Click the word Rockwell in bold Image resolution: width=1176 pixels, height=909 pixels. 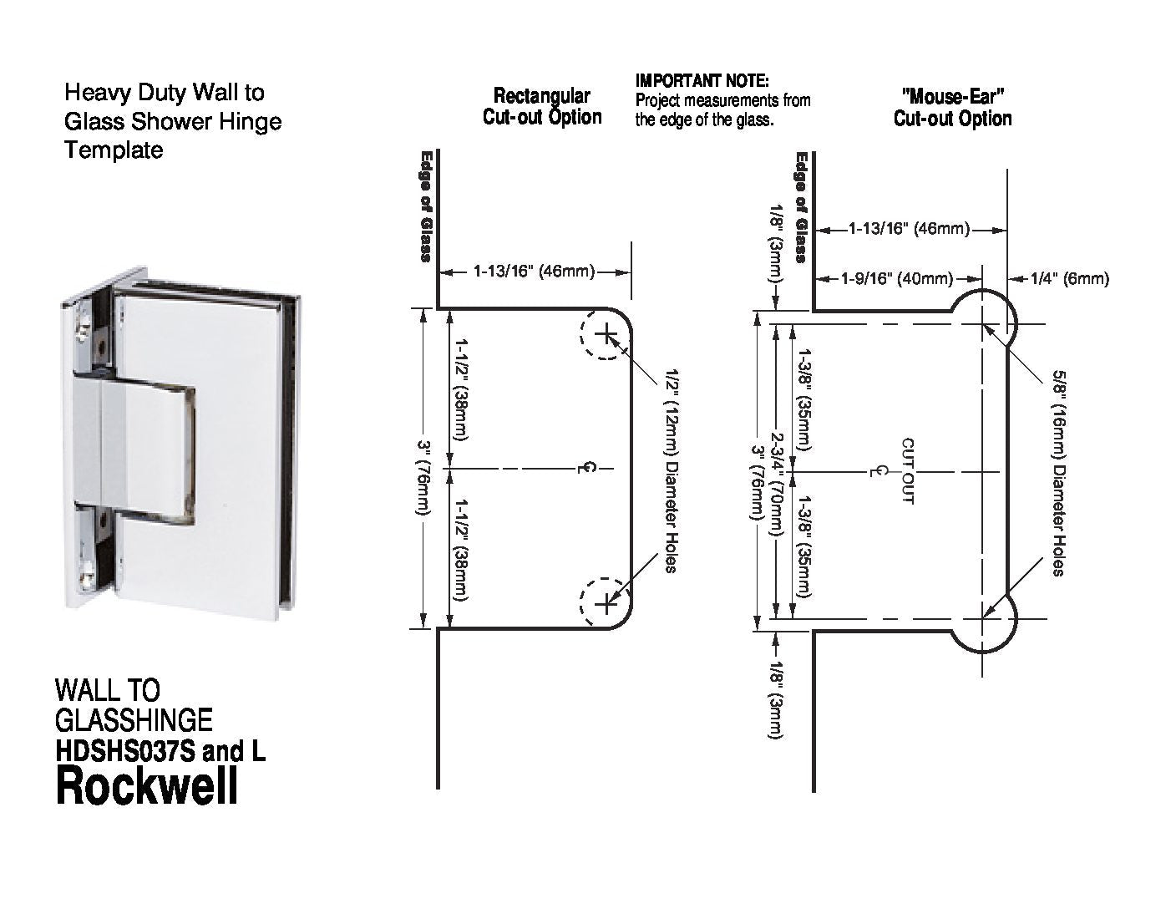(x=147, y=787)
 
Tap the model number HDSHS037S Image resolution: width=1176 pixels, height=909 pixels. (x=124, y=751)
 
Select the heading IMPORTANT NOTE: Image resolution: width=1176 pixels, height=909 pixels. (x=702, y=81)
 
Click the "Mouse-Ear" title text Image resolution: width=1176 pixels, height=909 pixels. (x=952, y=97)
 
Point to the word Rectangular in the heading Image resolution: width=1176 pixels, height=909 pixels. (x=542, y=96)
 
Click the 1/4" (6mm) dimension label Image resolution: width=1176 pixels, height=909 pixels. (x=1069, y=279)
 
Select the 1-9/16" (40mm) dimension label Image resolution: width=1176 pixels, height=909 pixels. (x=897, y=279)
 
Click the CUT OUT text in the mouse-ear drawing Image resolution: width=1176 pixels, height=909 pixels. (x=908, y=471)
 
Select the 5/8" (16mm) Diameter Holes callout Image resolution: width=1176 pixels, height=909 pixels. (x=1059, y=473)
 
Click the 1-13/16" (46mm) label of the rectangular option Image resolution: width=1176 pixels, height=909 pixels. (x=535, y=271)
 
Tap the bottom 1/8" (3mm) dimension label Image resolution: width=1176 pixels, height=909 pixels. (x=777, y=700)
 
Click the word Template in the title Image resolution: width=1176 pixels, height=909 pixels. (x=114, y=150)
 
